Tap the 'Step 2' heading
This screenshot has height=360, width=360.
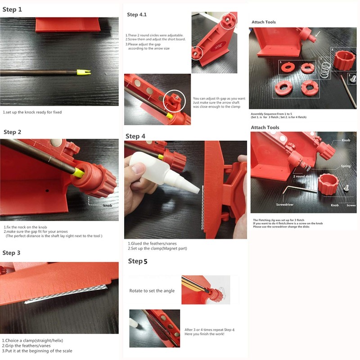(13, 132)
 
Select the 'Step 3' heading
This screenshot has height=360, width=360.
(11, 253)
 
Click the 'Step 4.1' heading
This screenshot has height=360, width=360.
(137, 15)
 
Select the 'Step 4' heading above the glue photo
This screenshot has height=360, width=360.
(135, 136)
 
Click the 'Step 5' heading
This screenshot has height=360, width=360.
(138, 261)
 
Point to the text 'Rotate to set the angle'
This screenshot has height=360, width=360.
(152, 291)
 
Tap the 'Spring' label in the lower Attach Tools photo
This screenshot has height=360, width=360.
(346, 166)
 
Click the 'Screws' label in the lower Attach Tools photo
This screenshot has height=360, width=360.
(351, 205)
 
